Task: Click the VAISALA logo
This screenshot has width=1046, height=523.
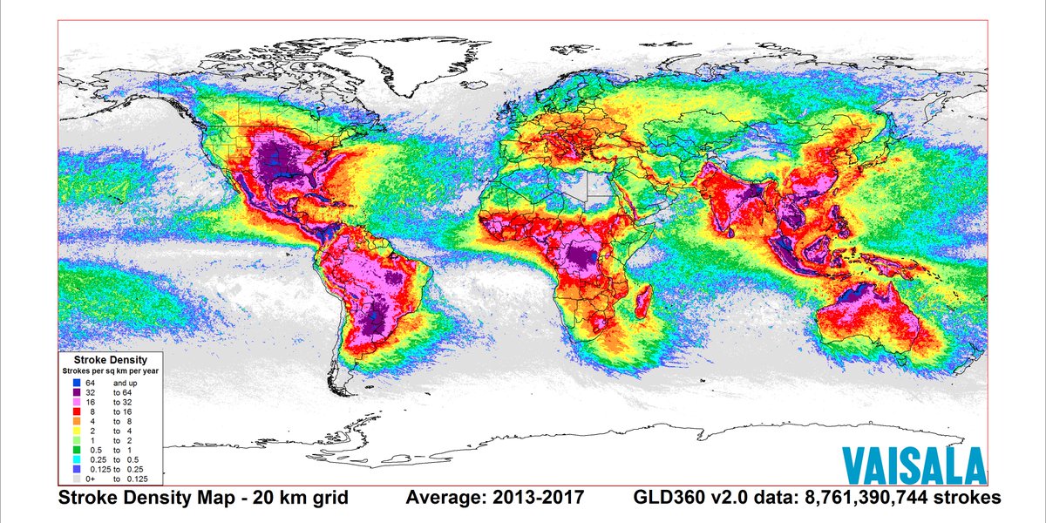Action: click(x=914, y=465)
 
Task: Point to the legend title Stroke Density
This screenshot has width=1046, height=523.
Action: click(x=110, y=359)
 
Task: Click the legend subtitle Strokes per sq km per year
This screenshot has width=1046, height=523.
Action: click(x=110, y=371)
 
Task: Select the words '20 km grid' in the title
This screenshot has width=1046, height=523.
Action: click(x=298, y=498)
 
